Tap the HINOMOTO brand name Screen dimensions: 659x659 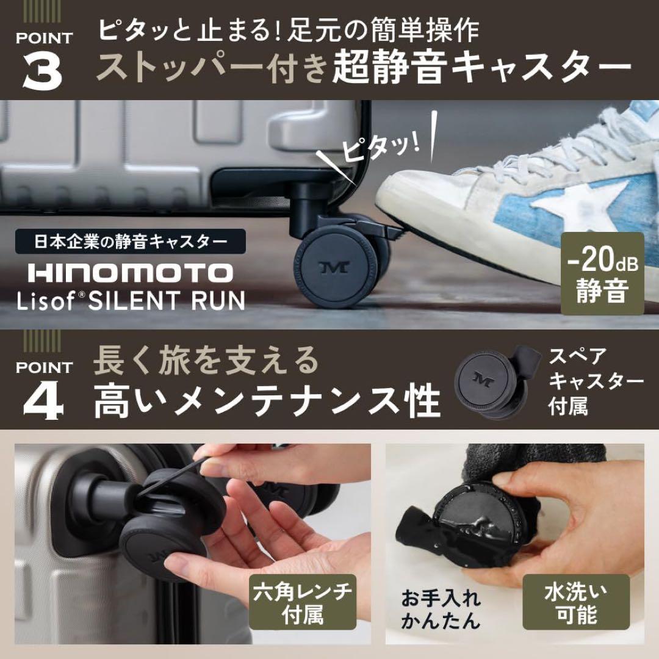[x=130, y=273]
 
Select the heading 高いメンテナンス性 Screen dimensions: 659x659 [x=267, y=401]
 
